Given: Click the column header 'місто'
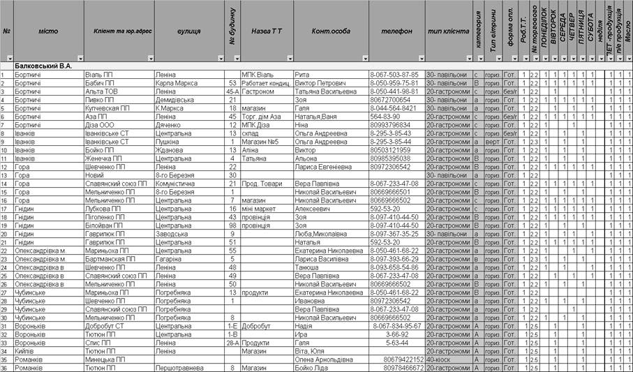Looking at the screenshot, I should coord(48,31).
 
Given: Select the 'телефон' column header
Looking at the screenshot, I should coord(396,31).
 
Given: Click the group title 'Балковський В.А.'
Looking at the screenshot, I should coord(43,66).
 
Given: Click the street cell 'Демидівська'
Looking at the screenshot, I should coord(175,100).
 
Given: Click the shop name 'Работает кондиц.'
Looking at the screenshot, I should coord(265,82).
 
